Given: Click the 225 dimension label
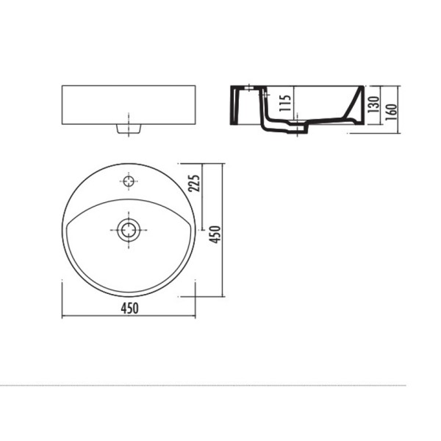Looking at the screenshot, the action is tap(194, 183).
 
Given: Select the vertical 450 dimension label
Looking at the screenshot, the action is tap(215, 234).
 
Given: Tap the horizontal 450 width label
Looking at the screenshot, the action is tap(129, 308).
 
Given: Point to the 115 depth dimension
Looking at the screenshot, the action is tap(285, 103).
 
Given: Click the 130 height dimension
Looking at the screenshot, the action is tap(373, 104).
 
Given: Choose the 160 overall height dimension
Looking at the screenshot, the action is tap(391, 112).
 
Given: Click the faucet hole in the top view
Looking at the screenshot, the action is tap(129, 182).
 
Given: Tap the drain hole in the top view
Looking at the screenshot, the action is tap(129, 230).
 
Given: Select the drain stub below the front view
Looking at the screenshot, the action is tap(129, 129).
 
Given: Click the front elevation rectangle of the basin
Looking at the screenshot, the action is tap(129, 105).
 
